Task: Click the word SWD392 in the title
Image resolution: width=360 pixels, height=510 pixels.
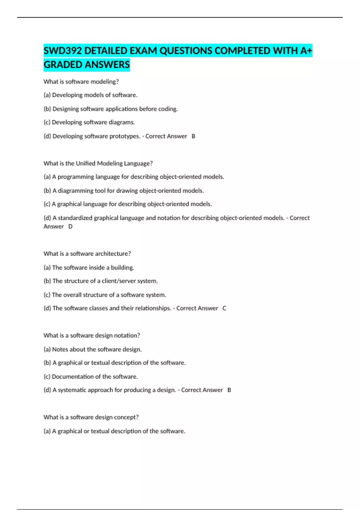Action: [x=63, y=51]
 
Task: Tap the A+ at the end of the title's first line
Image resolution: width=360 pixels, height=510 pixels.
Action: [x=306, y=51]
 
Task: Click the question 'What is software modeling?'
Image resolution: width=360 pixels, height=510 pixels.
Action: [x=81, y=82]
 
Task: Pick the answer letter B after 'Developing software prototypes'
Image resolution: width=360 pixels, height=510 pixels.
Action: [x=193, y=136]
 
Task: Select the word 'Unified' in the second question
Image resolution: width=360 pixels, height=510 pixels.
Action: [x=85, y=163]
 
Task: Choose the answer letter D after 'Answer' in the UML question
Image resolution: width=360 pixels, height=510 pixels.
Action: [x=70, y=226]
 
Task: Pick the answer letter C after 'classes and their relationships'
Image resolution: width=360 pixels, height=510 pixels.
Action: [x=224, y=308]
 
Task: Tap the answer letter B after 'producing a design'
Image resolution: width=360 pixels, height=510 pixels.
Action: [x=229, y=390]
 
